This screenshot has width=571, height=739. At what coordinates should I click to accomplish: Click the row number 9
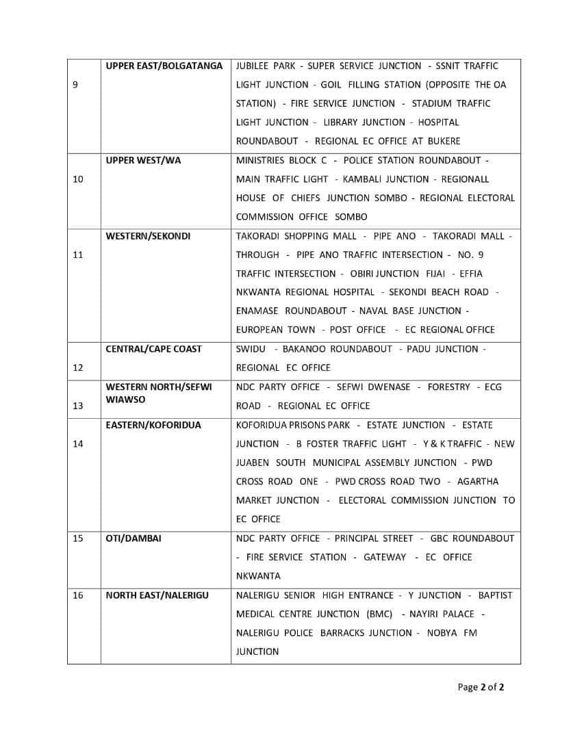point(75,85)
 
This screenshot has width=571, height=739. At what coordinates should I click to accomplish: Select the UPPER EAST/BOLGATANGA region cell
point(164,66)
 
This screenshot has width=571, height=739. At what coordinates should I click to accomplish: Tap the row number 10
point(78,179)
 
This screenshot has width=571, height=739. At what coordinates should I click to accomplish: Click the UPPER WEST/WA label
point(143,161)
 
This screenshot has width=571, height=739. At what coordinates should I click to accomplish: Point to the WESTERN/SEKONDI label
point(148,236)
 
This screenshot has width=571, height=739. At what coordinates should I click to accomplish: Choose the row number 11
point(78,255)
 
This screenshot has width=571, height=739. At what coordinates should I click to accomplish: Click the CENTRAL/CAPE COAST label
point(153,349)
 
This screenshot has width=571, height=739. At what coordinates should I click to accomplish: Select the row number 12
point(78,367)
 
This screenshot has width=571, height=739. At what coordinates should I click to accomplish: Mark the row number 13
point(78,406)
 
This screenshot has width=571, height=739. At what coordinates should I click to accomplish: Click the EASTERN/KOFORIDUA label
point(153,426)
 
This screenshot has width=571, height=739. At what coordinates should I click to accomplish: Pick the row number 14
point(78,444)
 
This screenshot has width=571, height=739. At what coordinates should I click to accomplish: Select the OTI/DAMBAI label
point(134,539)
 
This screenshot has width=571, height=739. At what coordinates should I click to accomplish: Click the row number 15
point(78,539)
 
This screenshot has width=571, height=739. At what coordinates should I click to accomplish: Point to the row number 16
point(78,595)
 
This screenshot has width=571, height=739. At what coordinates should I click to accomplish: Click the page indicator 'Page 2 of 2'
point(481,687)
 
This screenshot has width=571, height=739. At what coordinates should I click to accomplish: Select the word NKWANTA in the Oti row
point(258,576)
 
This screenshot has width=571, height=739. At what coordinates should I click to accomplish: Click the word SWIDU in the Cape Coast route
point(251,349)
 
